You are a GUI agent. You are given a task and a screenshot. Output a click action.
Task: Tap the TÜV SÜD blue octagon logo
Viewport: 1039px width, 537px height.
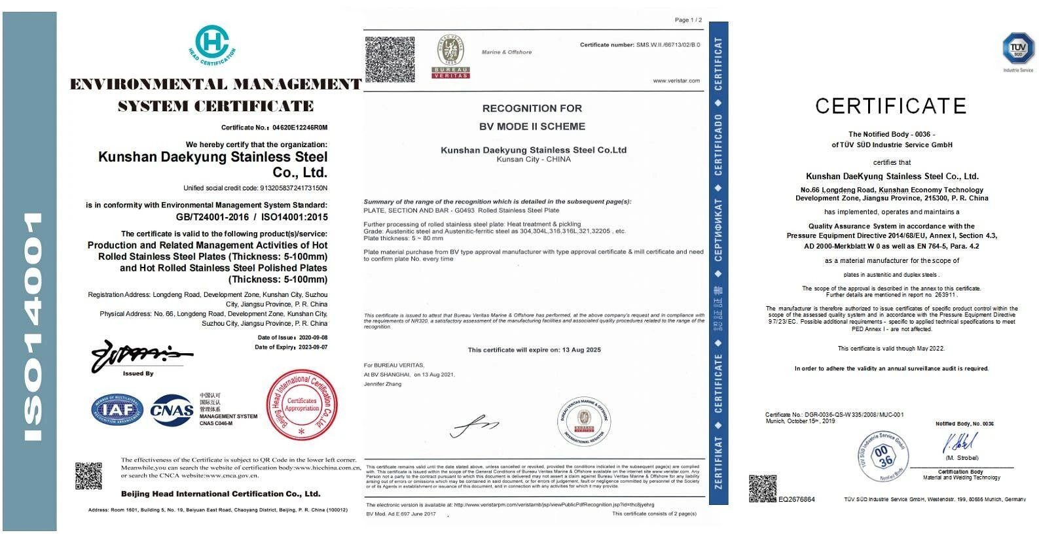pos(1017,48)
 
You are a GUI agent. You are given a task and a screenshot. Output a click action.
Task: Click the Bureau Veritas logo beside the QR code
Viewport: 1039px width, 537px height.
pos(450,58)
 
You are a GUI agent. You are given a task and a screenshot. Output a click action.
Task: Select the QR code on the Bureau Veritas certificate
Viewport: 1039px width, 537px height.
pos(390,59)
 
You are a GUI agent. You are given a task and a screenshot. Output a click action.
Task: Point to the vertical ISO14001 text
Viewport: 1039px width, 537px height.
pos(30,326)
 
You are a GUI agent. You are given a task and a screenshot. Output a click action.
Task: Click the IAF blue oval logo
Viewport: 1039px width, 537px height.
pos(117,410)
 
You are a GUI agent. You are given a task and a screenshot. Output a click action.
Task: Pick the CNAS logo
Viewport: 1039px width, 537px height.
pos(172,410)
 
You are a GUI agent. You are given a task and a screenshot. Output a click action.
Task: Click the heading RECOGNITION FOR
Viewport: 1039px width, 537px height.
pos(532,109)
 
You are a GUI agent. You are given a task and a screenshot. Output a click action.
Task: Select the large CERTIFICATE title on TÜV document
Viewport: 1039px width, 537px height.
pos(890,106)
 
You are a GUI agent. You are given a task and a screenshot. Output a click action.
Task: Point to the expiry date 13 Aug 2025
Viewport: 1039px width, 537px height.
pos(581,350)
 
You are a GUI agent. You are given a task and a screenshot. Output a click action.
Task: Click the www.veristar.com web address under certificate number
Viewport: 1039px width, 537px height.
pos(676,81)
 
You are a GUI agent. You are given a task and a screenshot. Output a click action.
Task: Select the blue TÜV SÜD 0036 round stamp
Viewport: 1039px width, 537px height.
pos(883,457)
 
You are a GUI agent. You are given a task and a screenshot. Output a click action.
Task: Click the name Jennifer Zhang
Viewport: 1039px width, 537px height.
pos(382,384)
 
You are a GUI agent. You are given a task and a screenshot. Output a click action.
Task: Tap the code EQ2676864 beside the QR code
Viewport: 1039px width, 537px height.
pos(796,500)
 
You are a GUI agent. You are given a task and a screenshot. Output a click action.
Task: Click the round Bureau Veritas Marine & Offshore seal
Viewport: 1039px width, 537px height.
pos(583,422)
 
